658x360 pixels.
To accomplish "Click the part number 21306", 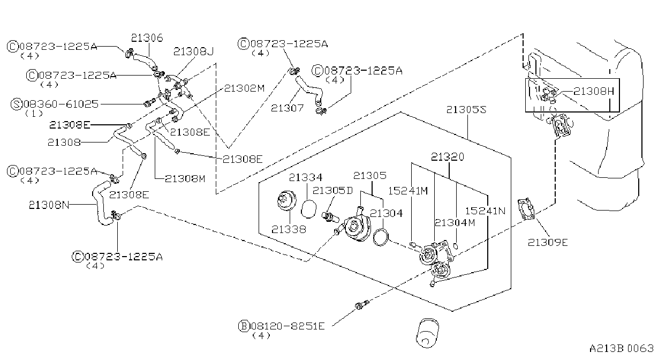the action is click(x=147, y=38).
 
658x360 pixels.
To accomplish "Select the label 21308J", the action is click(x=193, y=51).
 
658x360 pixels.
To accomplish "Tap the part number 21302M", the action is click(x=244, y=88).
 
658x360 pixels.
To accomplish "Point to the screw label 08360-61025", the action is click(x=61, y=104).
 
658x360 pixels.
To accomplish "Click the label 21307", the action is click(x=287, y=108).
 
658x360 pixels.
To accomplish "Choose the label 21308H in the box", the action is click(x=594, y=92).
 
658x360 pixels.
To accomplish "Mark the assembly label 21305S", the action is click(x=466, y=110).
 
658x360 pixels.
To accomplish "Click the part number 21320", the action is click(x=448, y=157).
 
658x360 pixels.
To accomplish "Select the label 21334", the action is click(x=306, y=177).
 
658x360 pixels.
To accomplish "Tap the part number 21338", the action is click(x=289, y=229).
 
